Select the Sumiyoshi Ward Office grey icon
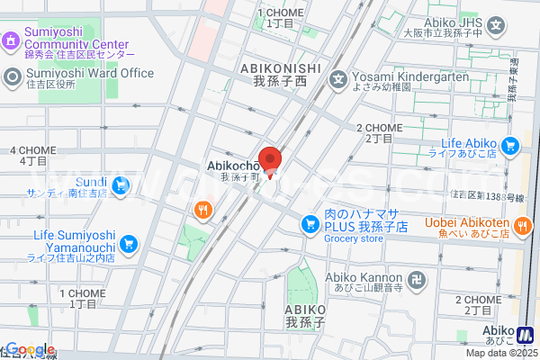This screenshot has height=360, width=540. pos(11,76)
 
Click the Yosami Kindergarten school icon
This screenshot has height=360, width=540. pos(338,77)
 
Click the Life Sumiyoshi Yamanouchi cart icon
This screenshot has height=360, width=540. pos(128,242)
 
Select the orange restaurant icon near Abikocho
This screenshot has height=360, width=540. pos(202,211)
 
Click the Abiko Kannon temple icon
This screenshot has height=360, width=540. pos(416,280)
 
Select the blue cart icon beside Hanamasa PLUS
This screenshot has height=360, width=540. pos(310,220)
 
